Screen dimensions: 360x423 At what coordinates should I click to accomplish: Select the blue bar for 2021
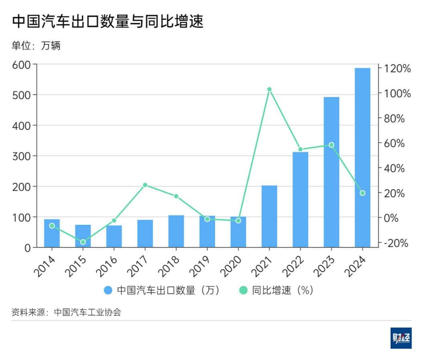pyautogui.click(x=269, y=216)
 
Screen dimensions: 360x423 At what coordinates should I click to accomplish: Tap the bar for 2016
pyautogui.click(x=114, y=237)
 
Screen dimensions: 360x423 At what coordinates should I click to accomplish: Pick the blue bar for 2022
pyautogui.click(x=300, y=200)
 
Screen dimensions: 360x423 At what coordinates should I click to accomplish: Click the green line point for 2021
pyautogui.click(x=269, y=89)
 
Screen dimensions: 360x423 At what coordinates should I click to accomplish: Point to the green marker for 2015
pyautogui.click(x=83, y=242)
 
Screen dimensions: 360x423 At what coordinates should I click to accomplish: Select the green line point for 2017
pyautogui.click(x=145, y=185)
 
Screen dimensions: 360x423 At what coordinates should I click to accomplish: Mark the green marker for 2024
pyautogui.click(x=362, y=193)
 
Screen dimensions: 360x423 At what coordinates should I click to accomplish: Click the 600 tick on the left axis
pyautogui.click(x=22, y=65)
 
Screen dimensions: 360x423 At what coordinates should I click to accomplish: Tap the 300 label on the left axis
pyautogui.click(x=22, y=156)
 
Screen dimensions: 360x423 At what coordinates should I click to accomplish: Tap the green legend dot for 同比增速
pyautogui.click(x=243, y=290)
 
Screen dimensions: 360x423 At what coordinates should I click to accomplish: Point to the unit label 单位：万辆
pyautogui.click(x=36, y=46)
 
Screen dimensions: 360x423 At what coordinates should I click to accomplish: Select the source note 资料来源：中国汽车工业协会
pyautogui.click(x=66, y=312)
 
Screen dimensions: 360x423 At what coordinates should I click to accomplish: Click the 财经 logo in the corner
pyautogui.click(x=401, y=338)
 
